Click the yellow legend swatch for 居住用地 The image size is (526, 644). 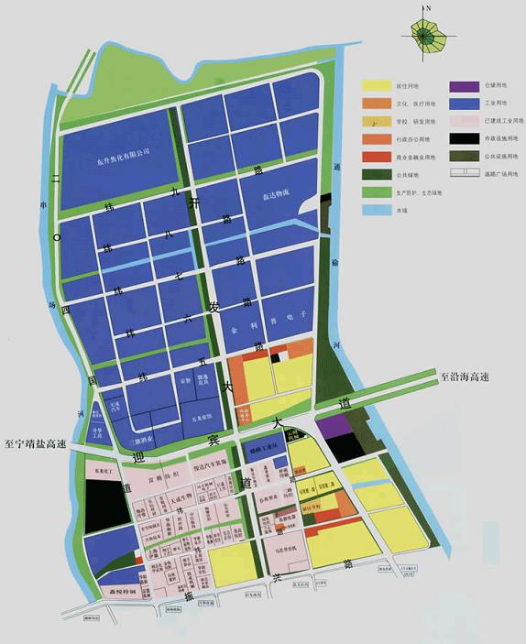click(377, 85)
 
